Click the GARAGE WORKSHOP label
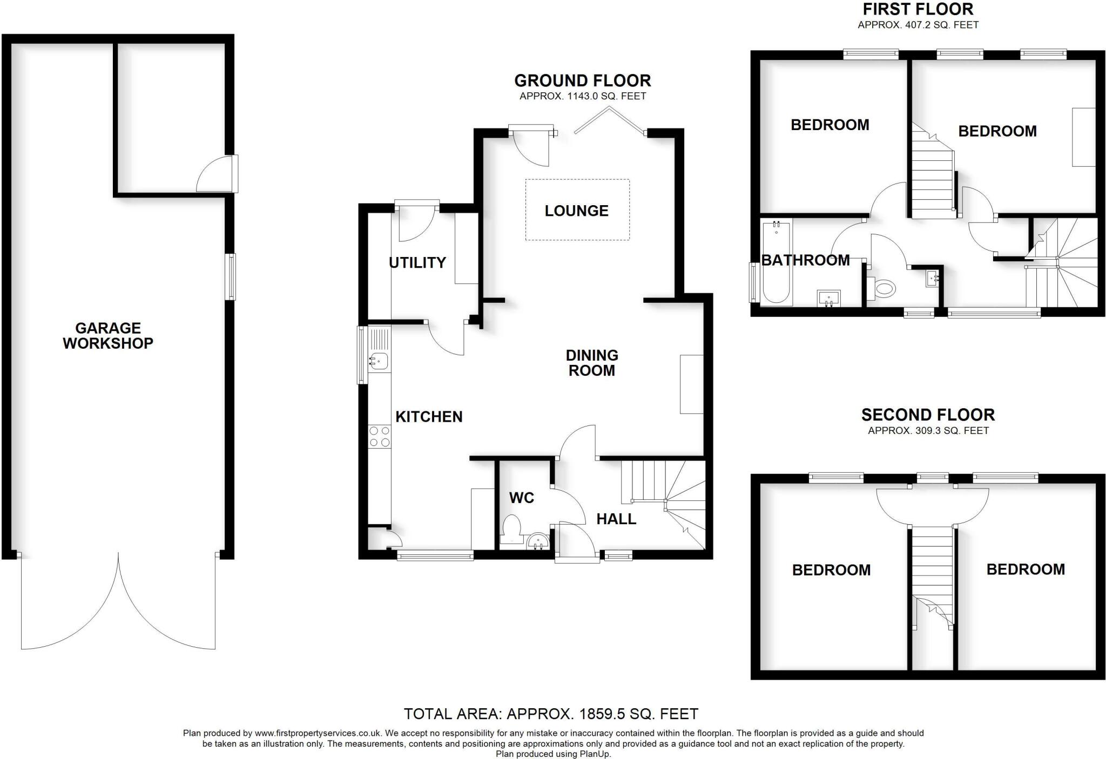pos(108,335)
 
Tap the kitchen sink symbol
pos(379,360)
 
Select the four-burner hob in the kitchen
pos(379,437)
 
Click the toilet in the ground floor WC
pos(511,528)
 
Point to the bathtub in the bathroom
pos(776,263)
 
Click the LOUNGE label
pos(576,211)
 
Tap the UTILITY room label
pos(417,262)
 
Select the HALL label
pos(616,519)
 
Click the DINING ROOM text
pos(592,363)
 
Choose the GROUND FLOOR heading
pos(582,80)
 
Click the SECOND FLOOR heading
pos(928,415)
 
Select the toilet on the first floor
pos(882,288)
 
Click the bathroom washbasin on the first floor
pos(828,297)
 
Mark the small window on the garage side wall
pos(231,276)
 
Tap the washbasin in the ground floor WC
pos(537,541)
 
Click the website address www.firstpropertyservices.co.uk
pos(318,733)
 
